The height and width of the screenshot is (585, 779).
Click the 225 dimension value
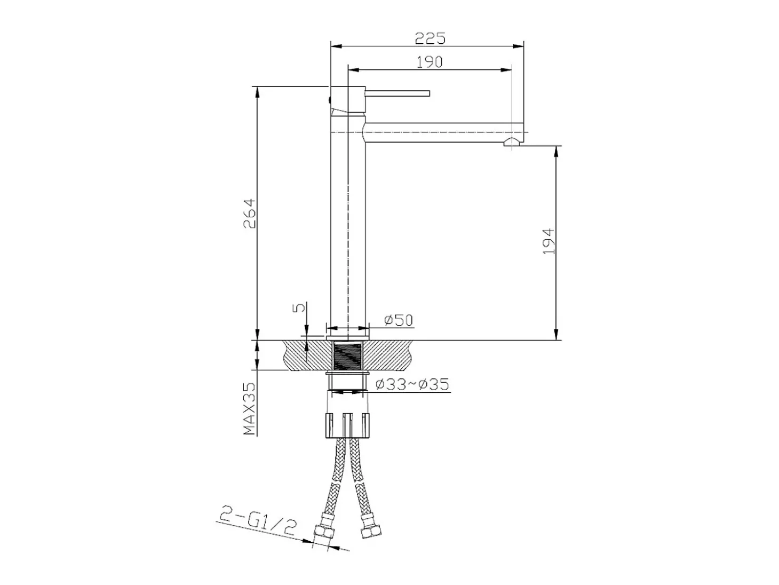tap(430, 38)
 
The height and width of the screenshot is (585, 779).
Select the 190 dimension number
tap(430, 62)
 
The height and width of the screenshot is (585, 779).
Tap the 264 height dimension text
tap(250, 213)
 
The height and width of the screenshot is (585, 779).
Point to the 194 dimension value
tap(549, 241)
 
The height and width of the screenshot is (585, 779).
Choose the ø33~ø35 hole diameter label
tap(412, 384)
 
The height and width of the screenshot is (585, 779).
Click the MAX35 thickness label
tap(250, 408)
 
